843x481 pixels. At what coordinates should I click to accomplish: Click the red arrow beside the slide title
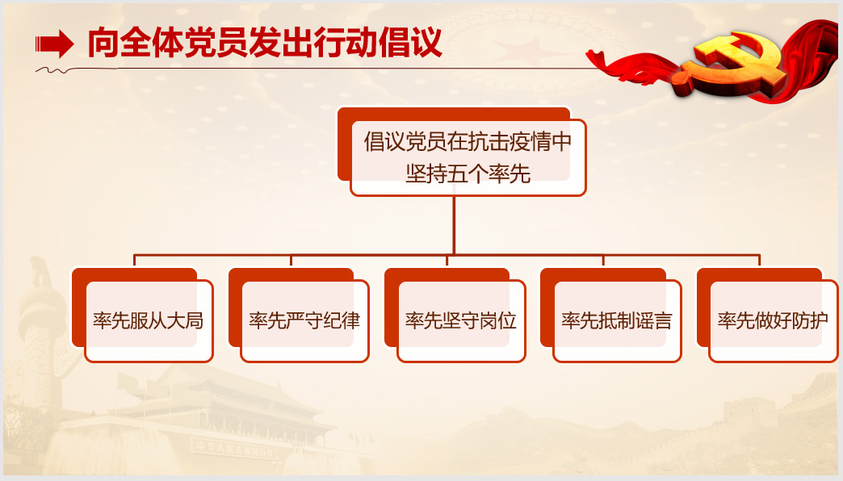tap(54, 44)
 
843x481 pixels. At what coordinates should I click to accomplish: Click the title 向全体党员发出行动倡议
tap(265, 42)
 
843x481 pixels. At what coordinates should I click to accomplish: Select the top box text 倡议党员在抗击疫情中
tap(468, 142)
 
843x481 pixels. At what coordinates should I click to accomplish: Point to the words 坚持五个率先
tap(468, 174)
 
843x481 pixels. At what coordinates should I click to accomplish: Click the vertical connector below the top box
tap(454, 225)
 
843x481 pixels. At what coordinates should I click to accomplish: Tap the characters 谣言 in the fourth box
tap(653, 321)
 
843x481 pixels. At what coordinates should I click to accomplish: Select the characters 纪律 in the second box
tap(342, 321)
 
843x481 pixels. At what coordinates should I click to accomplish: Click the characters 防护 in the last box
tap(810, 321)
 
